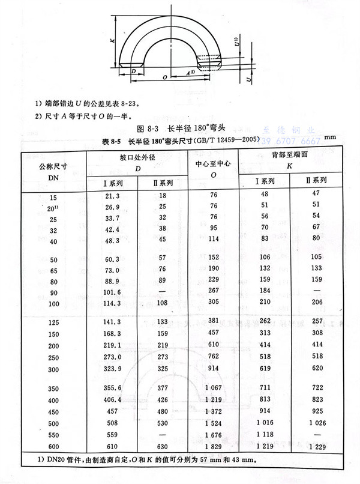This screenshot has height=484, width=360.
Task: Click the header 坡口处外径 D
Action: (137, 163)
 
